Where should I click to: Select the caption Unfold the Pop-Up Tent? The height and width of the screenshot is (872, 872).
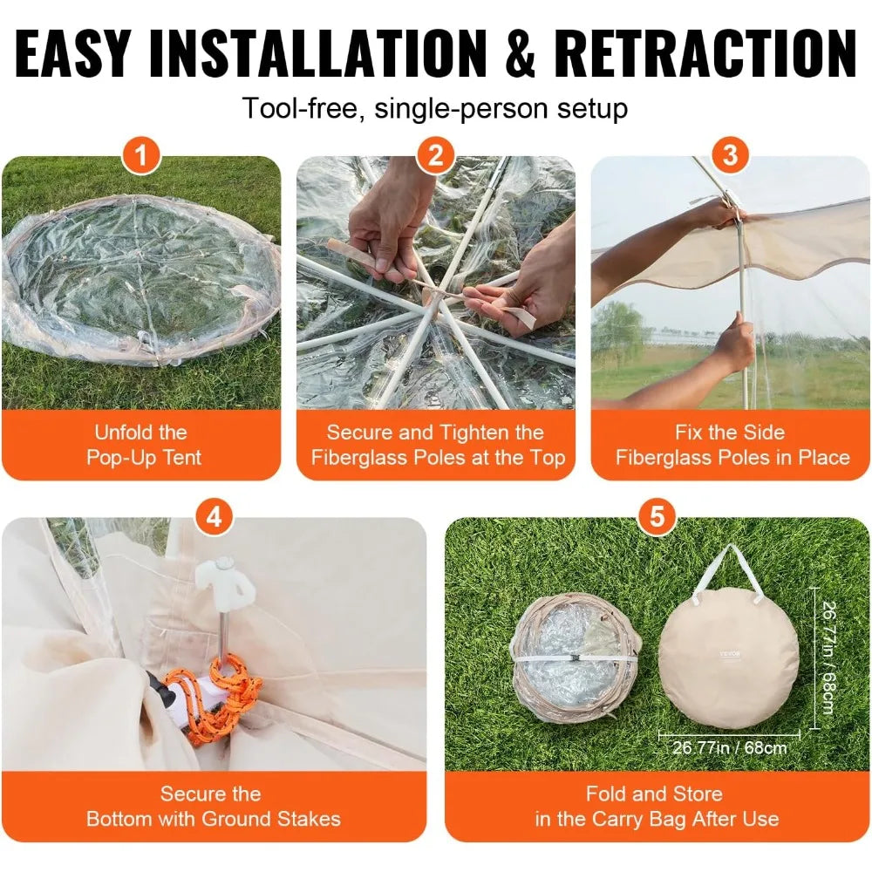(141, 445)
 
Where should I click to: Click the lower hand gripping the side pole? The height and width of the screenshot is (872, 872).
(731, 344)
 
